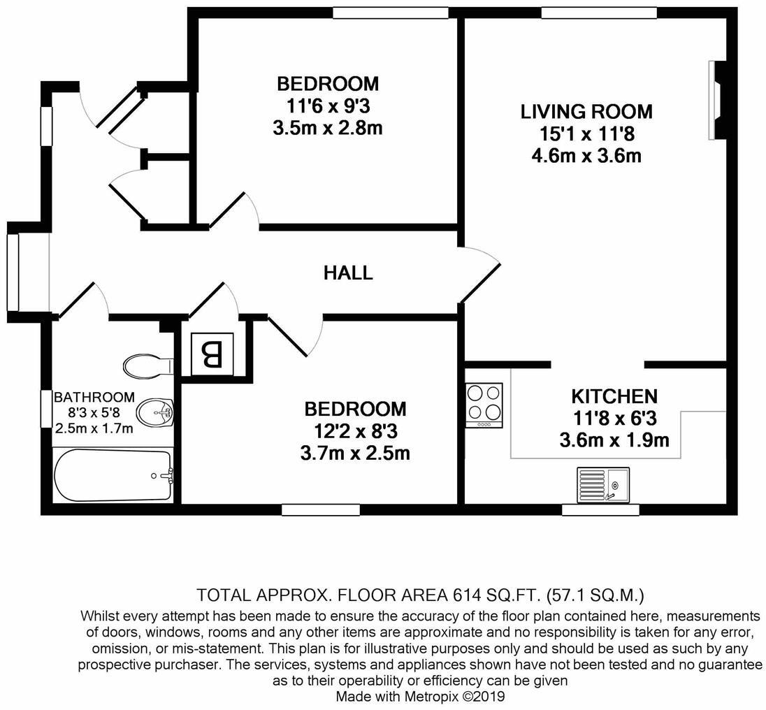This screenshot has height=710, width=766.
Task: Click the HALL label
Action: click(347, 273)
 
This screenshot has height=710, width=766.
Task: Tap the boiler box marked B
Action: click(212, 354)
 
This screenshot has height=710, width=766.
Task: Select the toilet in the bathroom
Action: click(147, 365)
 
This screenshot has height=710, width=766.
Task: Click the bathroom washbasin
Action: click(154, 413)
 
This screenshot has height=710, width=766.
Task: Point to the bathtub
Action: click(113, 475)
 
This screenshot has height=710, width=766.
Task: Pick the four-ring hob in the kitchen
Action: click(484, 405)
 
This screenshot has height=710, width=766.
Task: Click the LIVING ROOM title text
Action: click(586, 112)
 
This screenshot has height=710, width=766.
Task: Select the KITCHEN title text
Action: click(614, 397)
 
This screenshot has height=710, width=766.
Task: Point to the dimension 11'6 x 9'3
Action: click(328, 106)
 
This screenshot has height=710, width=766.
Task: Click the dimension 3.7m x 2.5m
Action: click(356, 453)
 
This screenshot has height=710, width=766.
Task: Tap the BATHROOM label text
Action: click(94, 398)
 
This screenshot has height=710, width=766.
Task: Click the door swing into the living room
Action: click(481, 275)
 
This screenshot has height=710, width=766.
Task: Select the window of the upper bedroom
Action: click(390, 13)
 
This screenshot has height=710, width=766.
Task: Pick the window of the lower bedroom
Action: click(321, 510)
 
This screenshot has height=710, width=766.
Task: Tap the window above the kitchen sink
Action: click(601, 510)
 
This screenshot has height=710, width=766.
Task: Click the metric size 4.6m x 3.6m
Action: click(586, 155)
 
